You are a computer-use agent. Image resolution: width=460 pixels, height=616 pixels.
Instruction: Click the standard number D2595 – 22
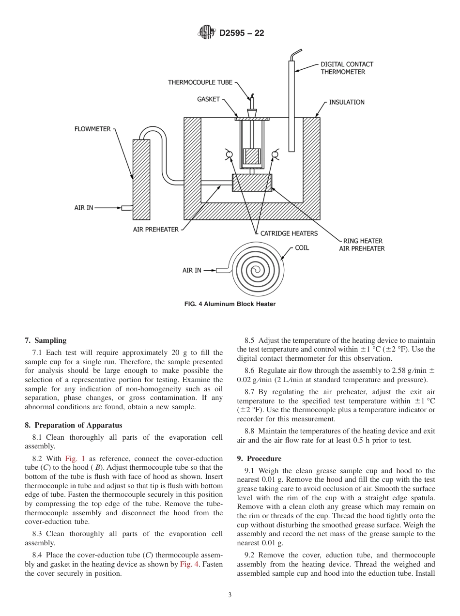242,33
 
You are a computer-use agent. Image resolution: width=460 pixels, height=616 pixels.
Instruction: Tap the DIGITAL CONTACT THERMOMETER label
347,68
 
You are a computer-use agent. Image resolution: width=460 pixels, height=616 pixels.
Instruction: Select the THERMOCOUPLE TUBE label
200,82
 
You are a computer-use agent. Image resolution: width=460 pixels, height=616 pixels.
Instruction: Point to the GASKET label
208,99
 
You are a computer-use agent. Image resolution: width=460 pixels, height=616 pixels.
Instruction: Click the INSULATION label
347,102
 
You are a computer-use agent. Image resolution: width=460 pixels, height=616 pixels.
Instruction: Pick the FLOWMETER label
92,129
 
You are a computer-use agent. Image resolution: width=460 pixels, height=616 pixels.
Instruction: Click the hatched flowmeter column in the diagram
141,179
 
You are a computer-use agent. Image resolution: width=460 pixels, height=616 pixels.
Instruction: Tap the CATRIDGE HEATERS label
289,233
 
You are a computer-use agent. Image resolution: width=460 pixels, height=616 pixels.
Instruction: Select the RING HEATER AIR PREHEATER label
362,245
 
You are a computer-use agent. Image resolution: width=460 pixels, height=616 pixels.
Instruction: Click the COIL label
302,248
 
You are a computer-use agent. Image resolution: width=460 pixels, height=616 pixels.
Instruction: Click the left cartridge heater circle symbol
229,154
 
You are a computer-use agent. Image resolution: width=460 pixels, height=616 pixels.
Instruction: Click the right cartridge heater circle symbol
275,154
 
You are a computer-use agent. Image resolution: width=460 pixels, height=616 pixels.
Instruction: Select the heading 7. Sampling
46,340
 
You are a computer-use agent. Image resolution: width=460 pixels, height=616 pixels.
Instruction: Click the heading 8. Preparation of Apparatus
73,425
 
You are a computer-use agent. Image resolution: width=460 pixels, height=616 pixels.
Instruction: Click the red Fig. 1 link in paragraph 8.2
74,459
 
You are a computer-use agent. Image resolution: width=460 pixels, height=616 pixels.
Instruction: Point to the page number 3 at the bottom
230,595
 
